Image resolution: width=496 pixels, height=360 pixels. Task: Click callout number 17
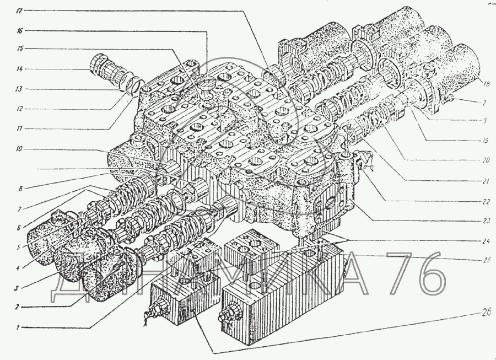coord(19,10)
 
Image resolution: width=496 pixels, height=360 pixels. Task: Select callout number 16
coord(19,30)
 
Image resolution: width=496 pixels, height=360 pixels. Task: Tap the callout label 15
coord(19,49)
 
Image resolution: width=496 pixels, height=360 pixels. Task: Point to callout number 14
coord(19,69)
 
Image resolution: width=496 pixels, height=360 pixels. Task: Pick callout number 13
coord(19,89)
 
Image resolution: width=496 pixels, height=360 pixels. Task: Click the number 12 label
coord(19,108)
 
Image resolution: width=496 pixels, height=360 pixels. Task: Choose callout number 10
coord(19,148)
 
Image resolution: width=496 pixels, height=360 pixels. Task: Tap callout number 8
coord(19,188)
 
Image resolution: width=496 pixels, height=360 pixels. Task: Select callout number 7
coord(19,208)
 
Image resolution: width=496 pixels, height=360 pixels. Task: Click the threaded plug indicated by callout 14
coord(105,71)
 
